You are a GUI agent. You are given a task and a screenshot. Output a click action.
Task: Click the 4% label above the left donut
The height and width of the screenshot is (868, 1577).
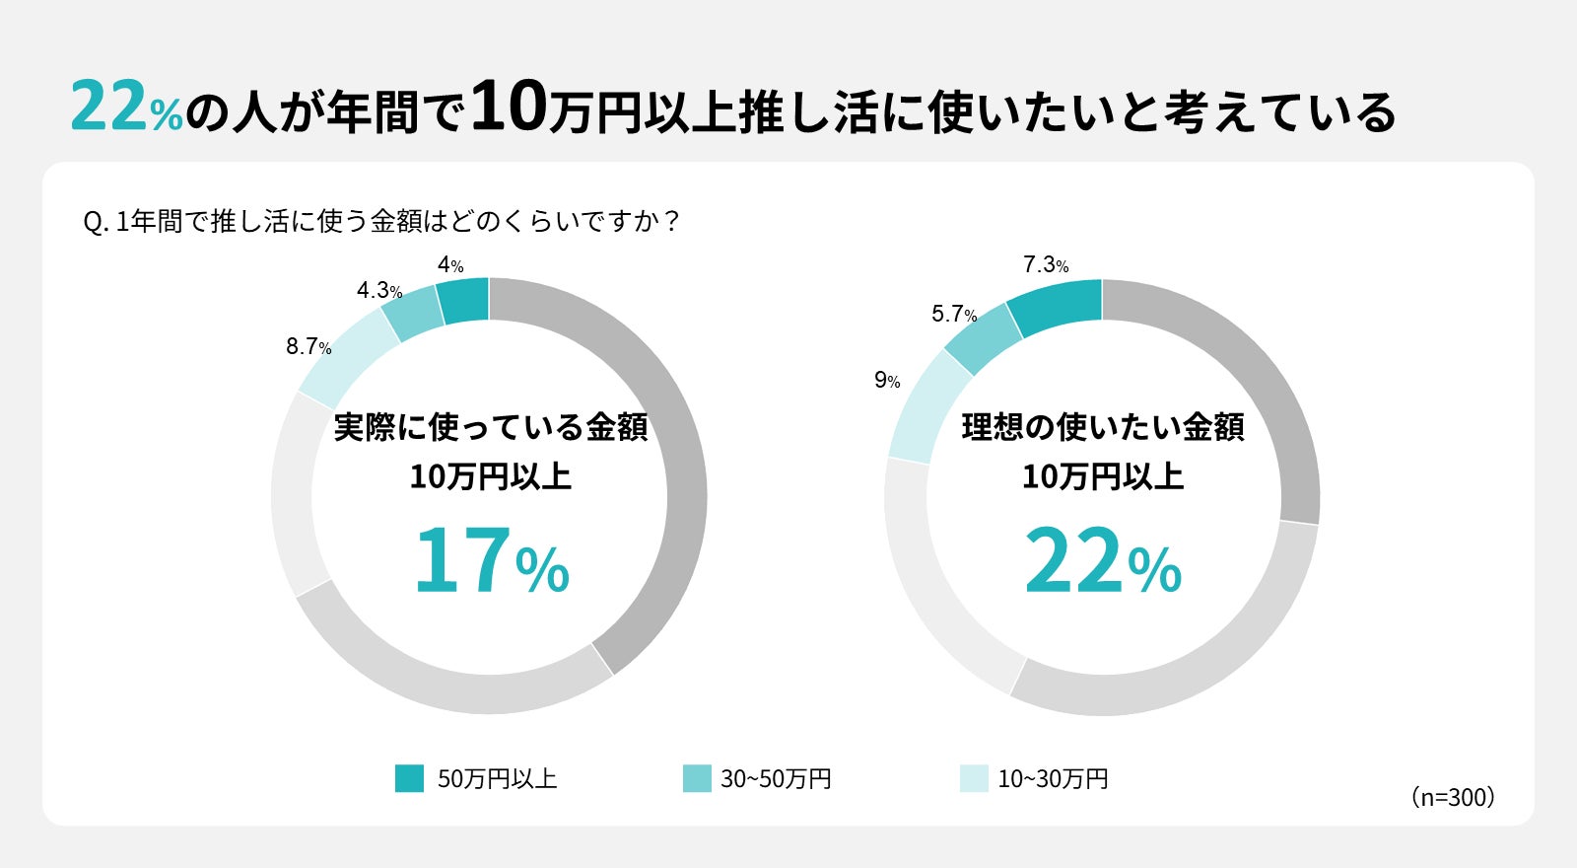tap(450, 265)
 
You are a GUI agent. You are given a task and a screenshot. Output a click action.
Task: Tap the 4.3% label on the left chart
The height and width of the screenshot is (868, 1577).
tap(379, 291)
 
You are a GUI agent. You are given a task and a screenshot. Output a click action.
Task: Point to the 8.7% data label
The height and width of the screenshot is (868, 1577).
tap(309, 347)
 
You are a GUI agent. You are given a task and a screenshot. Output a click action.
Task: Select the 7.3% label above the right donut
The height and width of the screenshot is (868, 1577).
tap(1046, 265)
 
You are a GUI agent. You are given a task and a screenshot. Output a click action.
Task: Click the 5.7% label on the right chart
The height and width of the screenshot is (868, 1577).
tap(954, 315)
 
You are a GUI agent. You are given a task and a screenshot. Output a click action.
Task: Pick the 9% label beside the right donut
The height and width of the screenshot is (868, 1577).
tap(887, 381)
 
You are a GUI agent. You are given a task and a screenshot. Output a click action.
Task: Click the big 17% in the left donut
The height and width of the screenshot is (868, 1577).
tap(491, 561)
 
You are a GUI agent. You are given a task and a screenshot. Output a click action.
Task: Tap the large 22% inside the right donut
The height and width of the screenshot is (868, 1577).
tap(1103, 561)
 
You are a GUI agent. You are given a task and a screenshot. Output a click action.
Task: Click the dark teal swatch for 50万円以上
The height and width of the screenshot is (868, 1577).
tap(409, 778)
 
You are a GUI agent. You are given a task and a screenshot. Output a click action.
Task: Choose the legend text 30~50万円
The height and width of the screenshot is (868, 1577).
tap(776, 779)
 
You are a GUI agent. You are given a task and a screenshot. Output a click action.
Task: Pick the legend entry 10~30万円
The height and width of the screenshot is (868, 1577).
tap(1053, 779)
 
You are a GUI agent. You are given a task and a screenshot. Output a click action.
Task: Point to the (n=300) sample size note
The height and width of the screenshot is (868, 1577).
tap(1453, 797)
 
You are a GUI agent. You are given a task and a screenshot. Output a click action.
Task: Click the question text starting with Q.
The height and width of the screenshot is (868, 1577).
tap(382, 222)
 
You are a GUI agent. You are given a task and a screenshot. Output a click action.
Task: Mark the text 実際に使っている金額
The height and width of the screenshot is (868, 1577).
tap(491, 428)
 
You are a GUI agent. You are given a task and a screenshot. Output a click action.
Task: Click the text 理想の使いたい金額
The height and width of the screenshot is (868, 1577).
tap(1103, 428)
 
